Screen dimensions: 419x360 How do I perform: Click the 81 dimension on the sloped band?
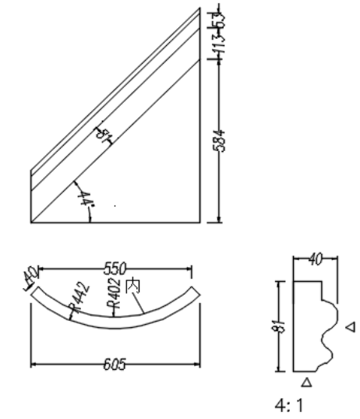[103, 136]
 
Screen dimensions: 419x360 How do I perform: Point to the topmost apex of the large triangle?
[199, 9]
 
